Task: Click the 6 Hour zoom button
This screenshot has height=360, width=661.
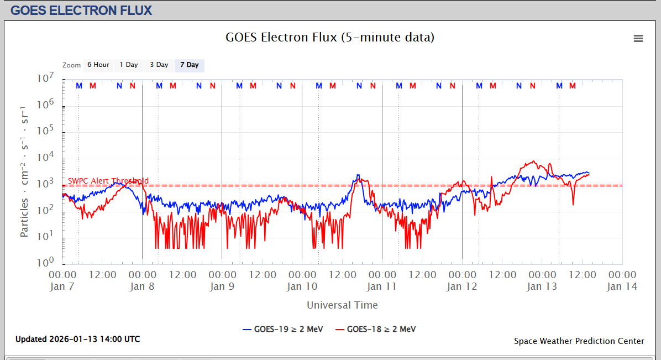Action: (x=98, y=65)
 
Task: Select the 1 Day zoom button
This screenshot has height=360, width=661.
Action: (x=129, y=65)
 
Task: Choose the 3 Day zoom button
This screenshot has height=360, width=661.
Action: (x=159, y=65)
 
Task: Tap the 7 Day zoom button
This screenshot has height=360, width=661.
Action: (x=189, y=65)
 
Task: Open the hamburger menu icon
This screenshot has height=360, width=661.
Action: (x=638, y=38)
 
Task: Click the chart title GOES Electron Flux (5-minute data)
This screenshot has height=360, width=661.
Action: (x=330, y=38)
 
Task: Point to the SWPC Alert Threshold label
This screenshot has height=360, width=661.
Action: (x=108, y=181)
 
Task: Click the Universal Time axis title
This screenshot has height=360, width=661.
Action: (x=342, y=305)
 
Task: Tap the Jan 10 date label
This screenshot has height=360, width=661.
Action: (x=302, y=286)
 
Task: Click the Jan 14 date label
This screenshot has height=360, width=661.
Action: (x=622, y=286)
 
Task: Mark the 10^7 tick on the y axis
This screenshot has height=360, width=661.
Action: (x=45, y=79)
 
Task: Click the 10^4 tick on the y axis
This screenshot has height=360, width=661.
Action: (x=45, y=158)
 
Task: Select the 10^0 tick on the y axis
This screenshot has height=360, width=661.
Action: (x=45, y=262)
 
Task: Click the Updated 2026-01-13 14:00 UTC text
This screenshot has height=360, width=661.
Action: (x=77, y=339)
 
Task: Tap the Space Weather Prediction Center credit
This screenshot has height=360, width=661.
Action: (x=579, y=341)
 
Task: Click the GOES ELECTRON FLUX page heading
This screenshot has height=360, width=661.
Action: (x=81, y=11)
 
